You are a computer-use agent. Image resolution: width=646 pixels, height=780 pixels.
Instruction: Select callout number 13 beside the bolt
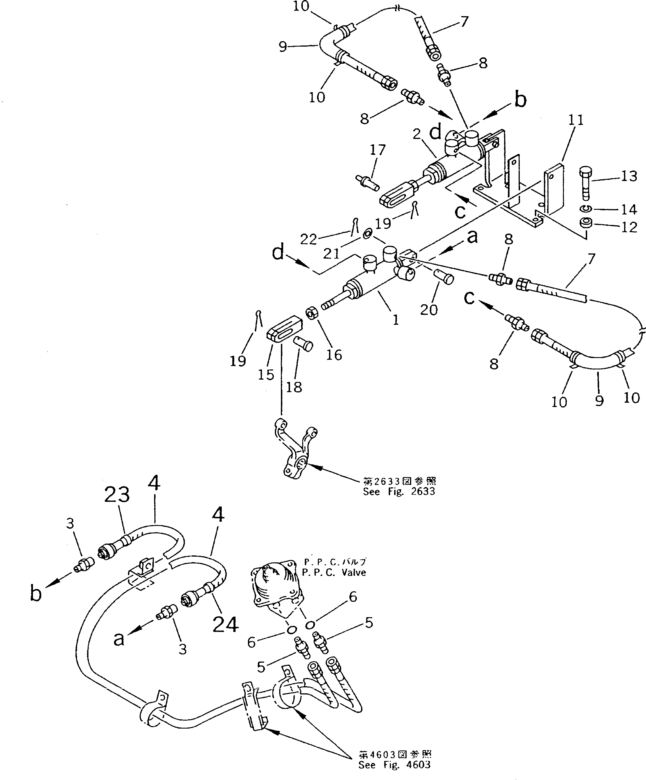pyautogui.click(x=629, y=176)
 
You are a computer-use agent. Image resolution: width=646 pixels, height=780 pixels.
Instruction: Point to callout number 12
pyautogui.click(x=629, y=227)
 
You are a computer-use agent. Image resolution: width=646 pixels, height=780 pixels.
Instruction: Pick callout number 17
pyautogui.click(x=378, y=150)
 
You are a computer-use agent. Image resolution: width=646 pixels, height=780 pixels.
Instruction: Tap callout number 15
pyautogui.click(x=266, y=375)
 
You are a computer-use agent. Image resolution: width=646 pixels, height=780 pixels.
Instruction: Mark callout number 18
pyautogui.click(x=294, y=387)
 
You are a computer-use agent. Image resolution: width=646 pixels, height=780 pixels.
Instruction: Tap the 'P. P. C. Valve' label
pyautogui.click(x=334, y=572)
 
